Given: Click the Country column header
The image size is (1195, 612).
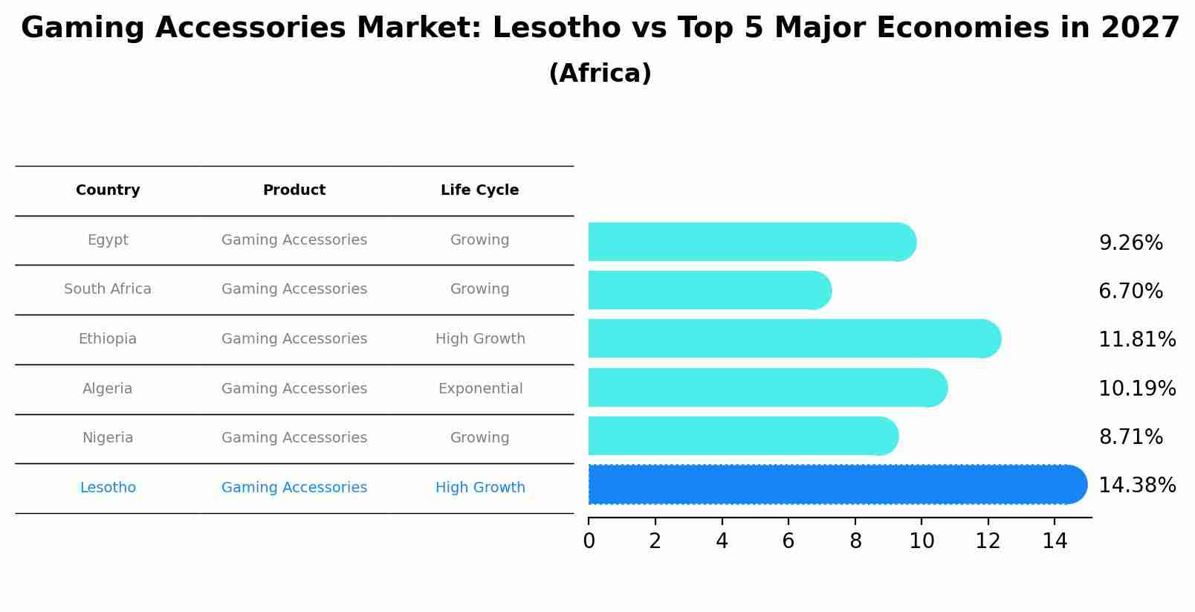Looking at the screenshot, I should [108, 190].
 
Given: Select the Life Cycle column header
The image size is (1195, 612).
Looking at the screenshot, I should [479, 190].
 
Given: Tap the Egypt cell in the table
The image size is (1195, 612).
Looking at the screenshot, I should [108, 240].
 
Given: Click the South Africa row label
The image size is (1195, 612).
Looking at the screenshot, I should [108, 289].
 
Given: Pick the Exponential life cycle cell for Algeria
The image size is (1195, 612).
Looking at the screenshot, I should [480, 389].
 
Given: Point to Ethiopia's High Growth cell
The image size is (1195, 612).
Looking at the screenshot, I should [480, 339].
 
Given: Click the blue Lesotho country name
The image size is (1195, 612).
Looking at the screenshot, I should [108, 488].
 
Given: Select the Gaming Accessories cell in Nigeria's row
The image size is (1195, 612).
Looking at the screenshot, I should [294, 438].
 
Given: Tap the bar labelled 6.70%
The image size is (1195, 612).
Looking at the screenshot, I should [706, 290].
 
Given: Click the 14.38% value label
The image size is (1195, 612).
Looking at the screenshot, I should [1137, 486].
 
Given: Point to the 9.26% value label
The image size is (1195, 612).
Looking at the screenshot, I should [1130, 243].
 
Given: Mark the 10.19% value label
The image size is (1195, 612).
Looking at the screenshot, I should [1137, 389].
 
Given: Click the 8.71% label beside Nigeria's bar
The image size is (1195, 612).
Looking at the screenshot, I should [1130, 437].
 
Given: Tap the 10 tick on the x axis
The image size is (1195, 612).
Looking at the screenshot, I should [922, 541].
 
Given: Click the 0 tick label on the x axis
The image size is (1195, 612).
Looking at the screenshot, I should [589, 541].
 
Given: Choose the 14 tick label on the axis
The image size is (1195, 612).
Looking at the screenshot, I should [1055, 541].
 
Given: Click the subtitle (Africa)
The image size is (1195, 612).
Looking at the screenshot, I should [600, 74].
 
